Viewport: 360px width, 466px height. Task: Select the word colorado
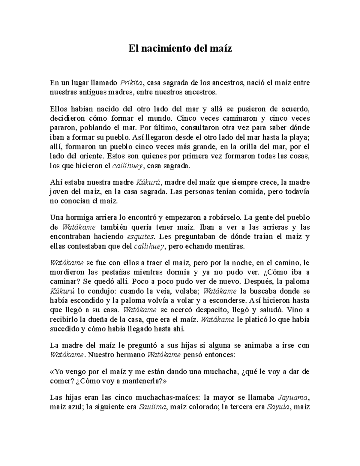tap(200, 407)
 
